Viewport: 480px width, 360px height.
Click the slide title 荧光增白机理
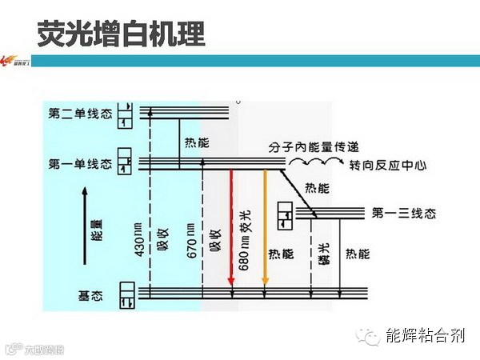(x=121, y=34)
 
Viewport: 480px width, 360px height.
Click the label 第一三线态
(x=403, y=213)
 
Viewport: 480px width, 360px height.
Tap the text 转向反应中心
(x=389, y=166)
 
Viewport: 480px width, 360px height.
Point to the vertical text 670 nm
(x=190, y=240)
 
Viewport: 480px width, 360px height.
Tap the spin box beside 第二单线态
(x=124, y=114)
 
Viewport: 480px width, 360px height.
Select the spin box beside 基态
(x=126, y=294)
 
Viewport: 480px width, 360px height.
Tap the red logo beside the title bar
(x=16, y=61)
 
